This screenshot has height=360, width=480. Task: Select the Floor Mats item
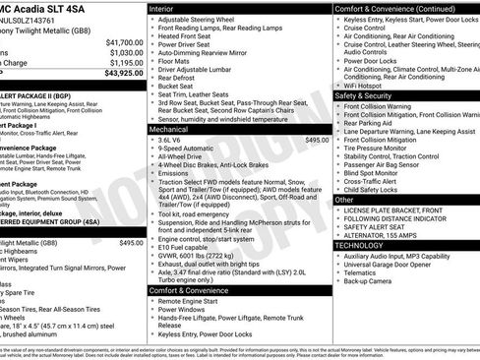click(175, 62)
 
